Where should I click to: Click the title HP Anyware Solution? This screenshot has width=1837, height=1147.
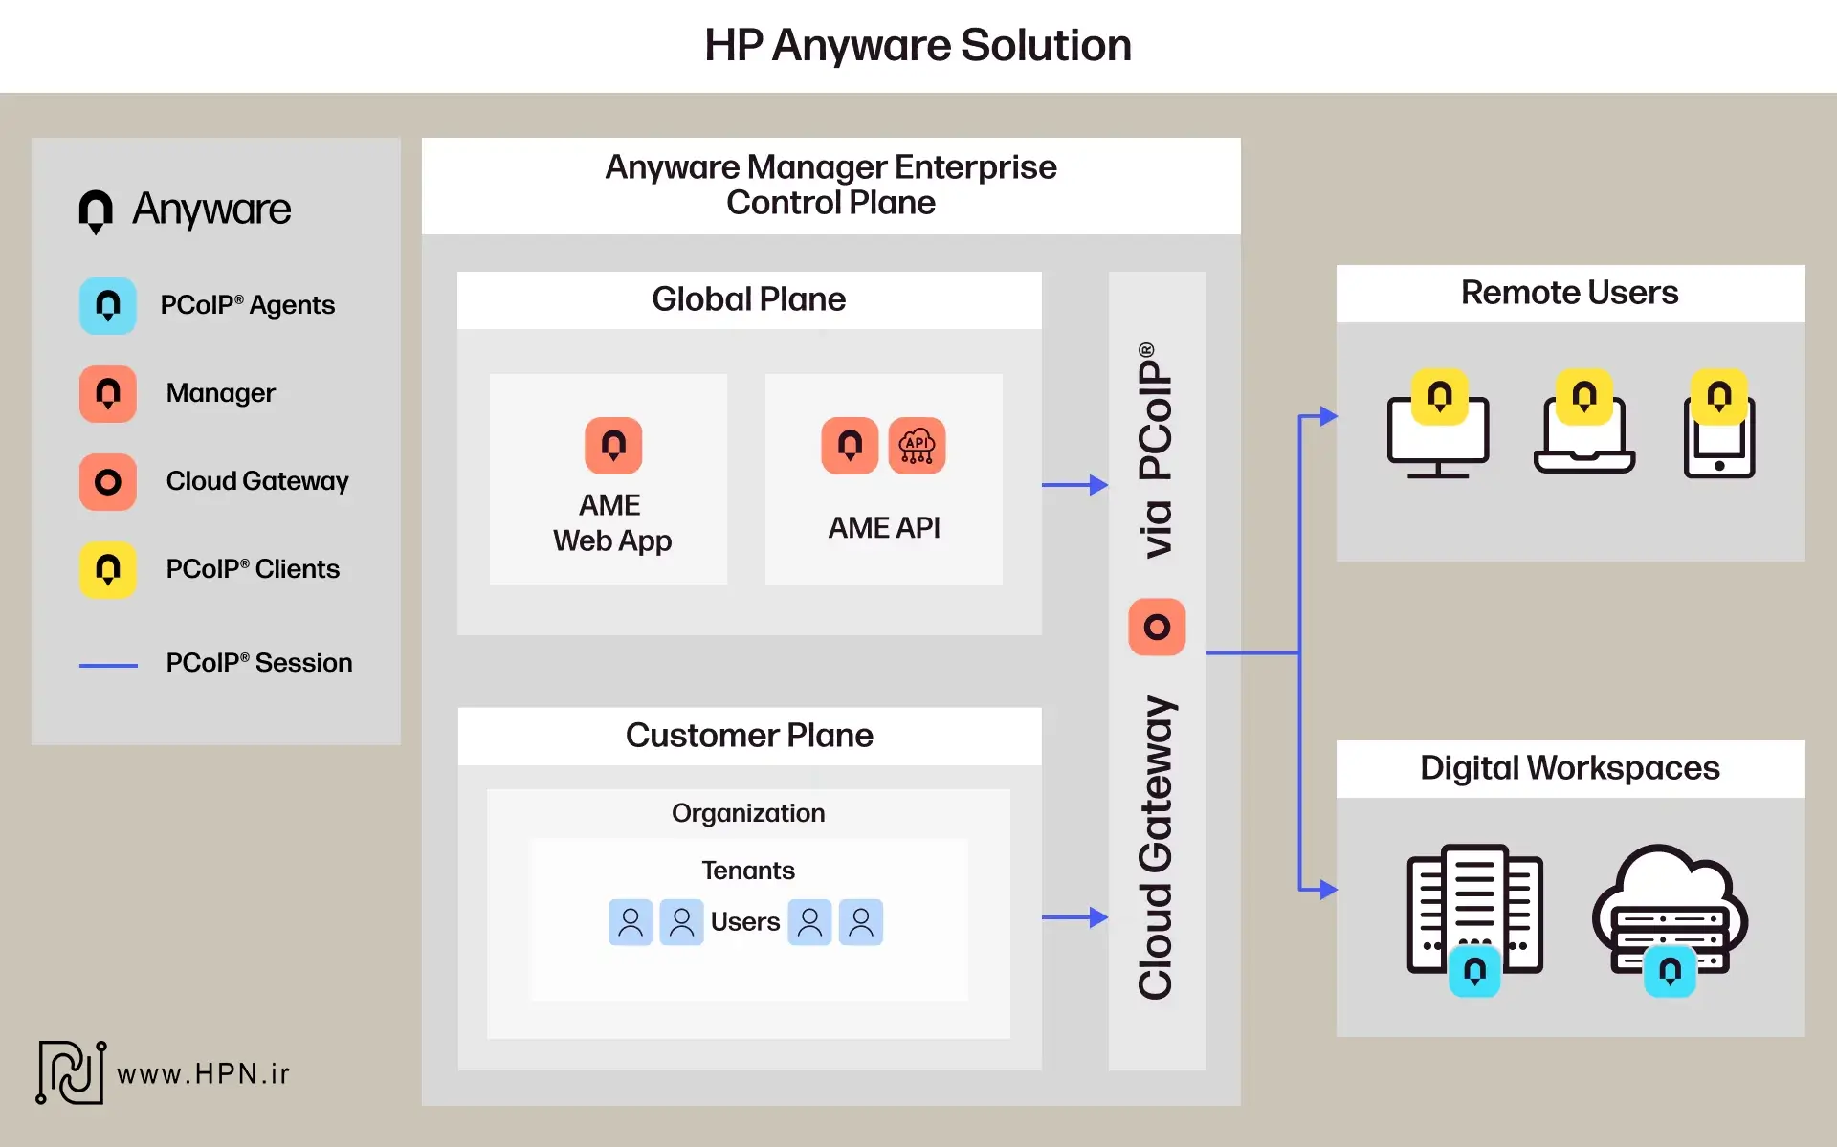918,45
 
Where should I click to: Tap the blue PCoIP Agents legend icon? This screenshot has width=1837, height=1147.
108,305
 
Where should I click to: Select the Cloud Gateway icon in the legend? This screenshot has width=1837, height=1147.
108,481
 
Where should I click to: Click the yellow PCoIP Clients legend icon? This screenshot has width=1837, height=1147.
108,569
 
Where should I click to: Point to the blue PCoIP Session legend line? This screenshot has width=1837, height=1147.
108,665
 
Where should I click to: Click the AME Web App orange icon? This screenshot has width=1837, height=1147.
613,445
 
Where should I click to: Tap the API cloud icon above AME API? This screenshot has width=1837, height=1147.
917,445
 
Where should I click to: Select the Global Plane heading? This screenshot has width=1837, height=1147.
748,299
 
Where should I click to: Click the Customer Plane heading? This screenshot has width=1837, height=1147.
748,736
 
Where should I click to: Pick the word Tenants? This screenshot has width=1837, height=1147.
748,871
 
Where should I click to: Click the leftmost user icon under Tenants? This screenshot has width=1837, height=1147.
631,922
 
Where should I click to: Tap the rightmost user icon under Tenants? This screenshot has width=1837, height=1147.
861,922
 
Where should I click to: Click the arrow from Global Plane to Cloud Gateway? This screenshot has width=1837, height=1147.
1074,485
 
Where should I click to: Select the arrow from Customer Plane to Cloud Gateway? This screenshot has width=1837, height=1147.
1074,917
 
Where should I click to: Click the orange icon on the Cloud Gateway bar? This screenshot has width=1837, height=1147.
1157,627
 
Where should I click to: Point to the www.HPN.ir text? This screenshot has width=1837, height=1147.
203,1074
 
